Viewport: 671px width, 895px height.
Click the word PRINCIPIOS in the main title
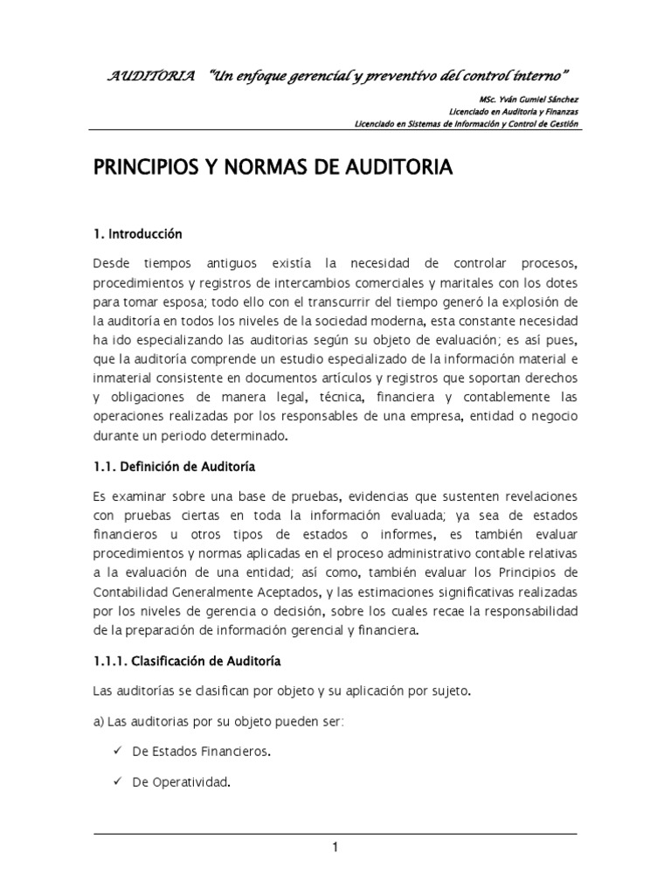click(144, 169)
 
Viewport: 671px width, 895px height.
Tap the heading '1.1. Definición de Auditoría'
click(174, 467)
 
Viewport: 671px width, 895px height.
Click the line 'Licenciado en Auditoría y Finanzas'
click(513, 111)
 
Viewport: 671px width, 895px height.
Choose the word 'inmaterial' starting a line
click(122, 379)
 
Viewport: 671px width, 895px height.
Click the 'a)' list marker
click(98, 721)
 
